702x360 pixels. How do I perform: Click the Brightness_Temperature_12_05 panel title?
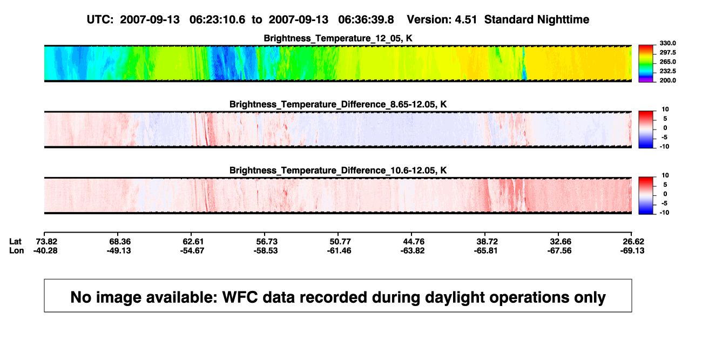(x=338, y=38)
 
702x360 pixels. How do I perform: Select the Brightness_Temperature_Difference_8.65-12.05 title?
(x=338, y=104)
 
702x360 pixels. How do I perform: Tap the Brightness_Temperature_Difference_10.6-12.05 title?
(x=338, y=171)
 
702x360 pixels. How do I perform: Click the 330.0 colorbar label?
(x=667, y=43)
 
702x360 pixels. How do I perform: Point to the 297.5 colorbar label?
(x=667, y=52)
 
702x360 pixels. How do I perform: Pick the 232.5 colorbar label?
(x=667, y=71)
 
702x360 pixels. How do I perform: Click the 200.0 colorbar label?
(x=667, y=80)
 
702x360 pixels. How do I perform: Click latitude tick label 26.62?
(x=633, y=242)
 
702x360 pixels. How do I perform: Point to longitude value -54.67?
(x=192, y=250)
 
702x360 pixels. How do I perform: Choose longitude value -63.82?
(x=413, y=250)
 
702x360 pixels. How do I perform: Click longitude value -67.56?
(x=559, y=250)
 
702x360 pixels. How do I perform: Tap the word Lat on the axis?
(x=15, y=242)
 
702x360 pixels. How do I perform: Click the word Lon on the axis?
(x=17, y=250)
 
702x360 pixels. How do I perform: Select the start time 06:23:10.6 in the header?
(x=217, y=19)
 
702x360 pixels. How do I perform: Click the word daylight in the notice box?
(x=454, y=297)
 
